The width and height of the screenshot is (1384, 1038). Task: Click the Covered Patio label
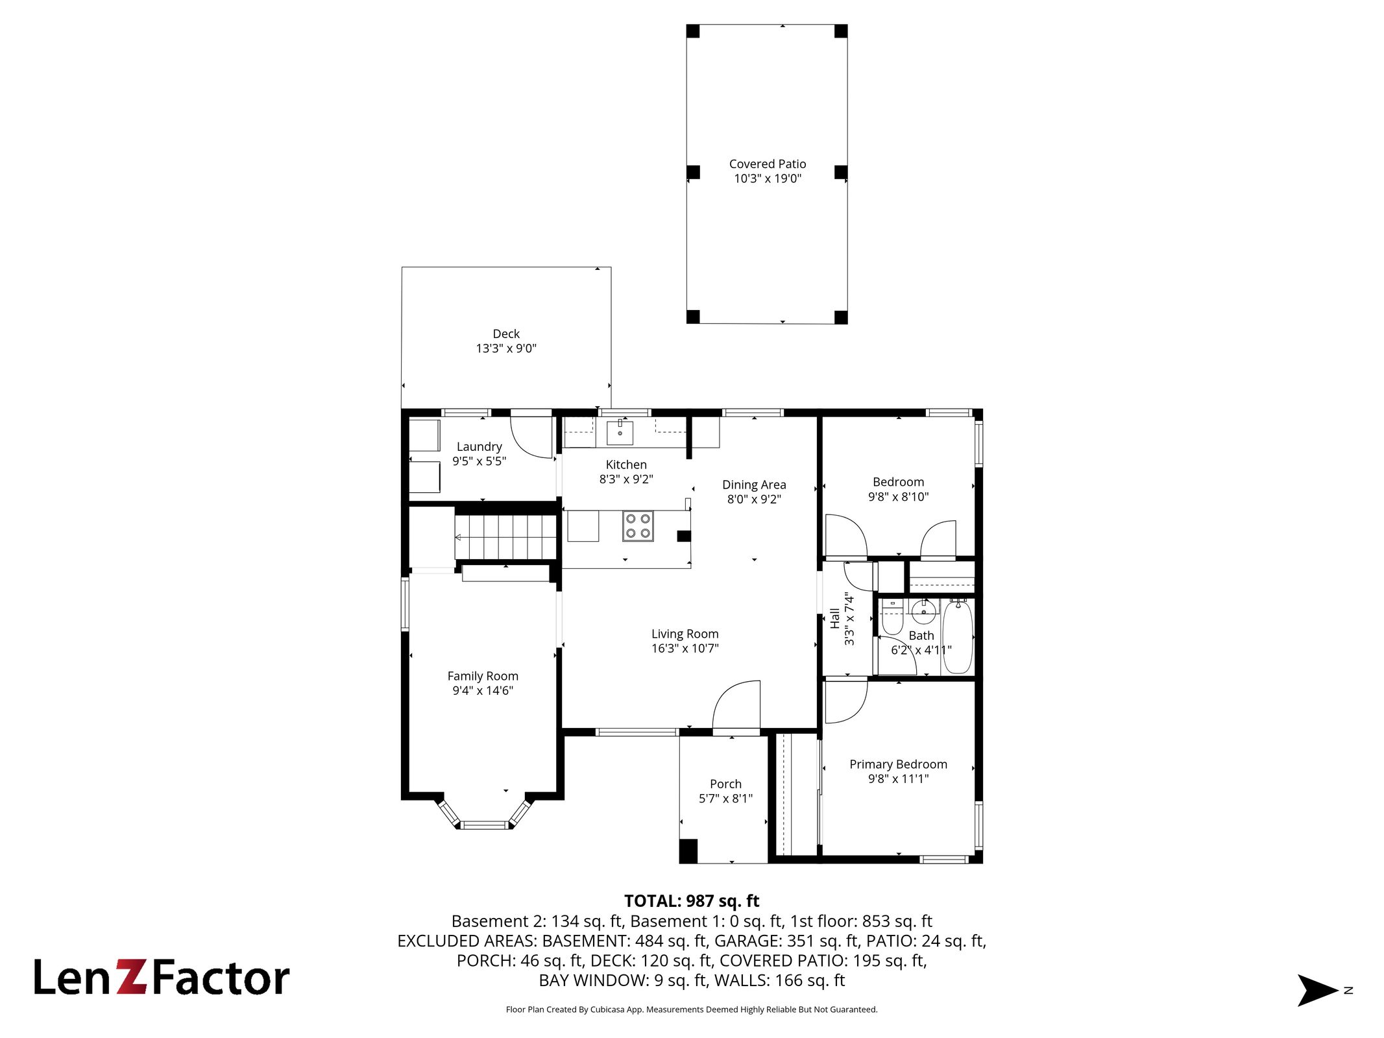click(x=768, y=164)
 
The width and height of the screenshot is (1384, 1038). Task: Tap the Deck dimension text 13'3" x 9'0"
click(x=506, y=348)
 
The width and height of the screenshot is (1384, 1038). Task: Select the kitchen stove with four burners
click(x=638, y=526)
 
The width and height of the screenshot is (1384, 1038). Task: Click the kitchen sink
click(x=620, y=433)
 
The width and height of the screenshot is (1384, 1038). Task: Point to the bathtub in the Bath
click(x=958, y=637)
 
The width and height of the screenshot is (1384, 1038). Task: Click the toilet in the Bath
click(x=892, y=619)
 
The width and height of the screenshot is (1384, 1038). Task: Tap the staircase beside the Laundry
click(x=505, y=537)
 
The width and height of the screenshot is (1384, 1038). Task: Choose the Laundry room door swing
click(x=531, y=437)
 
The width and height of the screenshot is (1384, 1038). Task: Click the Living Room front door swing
click(x=736, y=705)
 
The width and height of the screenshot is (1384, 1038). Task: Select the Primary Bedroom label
click(x=898, y=764)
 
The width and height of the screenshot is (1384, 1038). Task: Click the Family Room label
click(x=483, y=676)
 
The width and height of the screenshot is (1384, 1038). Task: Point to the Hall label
click(x=835, y=618)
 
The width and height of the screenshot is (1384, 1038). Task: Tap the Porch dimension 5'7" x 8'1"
click(x=725, y=799)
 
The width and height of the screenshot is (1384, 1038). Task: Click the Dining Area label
click(x=754, y=485)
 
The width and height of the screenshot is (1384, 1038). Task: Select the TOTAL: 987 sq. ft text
click(x=692, y=901)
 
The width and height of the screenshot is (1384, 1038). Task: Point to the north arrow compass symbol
click(x=1317, y=990)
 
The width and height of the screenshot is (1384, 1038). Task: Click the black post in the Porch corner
click(x=688, y=851)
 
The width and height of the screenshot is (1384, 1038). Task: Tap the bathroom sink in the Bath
click(x=922, y=610)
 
